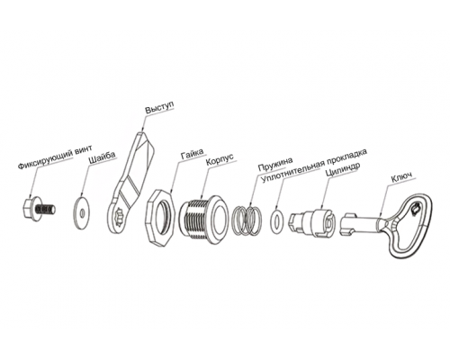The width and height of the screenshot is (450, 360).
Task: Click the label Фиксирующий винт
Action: click(56, 157)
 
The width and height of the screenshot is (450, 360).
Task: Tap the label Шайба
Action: click(102, 157)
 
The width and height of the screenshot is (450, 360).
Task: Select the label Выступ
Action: click(159, 107)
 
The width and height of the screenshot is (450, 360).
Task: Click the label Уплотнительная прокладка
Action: click(314, 166)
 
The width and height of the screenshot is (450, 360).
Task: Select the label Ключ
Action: click(401, 177)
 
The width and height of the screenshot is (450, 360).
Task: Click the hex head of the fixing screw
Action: click(29, 207)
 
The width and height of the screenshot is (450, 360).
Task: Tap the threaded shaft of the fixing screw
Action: click(46, 209)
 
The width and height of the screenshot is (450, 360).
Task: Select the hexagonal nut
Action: click(159, 218)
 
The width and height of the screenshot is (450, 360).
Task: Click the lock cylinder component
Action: click(312, 223)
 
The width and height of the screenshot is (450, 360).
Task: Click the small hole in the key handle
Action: click(416, 209)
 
